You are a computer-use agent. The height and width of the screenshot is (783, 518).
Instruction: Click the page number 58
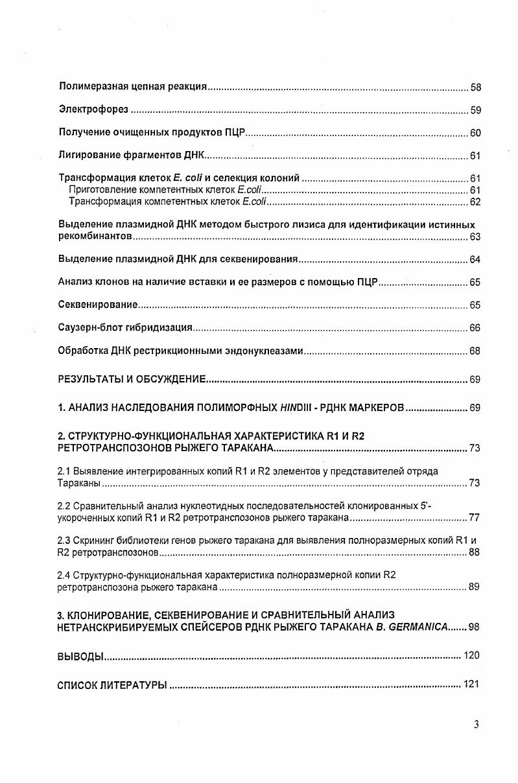pyautogui.click(x=475, y=87)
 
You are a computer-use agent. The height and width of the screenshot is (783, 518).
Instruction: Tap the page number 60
pyautogui.click(x=475, y=134)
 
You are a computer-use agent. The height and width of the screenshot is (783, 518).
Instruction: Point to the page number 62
pyautogui.click(x=475, y=202)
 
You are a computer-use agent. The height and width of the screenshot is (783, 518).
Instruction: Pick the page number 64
pyautogui.click(x=475, y=260)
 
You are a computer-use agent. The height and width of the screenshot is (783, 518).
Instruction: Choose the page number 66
pyautogui.click(x=475, y=329)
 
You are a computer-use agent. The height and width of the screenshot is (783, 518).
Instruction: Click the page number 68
pyautogui.click(x=475, y=351)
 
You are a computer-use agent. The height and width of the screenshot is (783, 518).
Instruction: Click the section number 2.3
pyautogui.click(x=64, y=540)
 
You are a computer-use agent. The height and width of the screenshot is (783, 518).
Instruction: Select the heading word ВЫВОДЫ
pyautogui.click(x=80, y=656)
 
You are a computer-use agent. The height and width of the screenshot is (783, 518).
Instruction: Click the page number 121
pyautogui.click(x=471, y=684)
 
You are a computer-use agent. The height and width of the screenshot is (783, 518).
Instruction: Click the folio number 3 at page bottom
pyautogui.click(x=476, y=725)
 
